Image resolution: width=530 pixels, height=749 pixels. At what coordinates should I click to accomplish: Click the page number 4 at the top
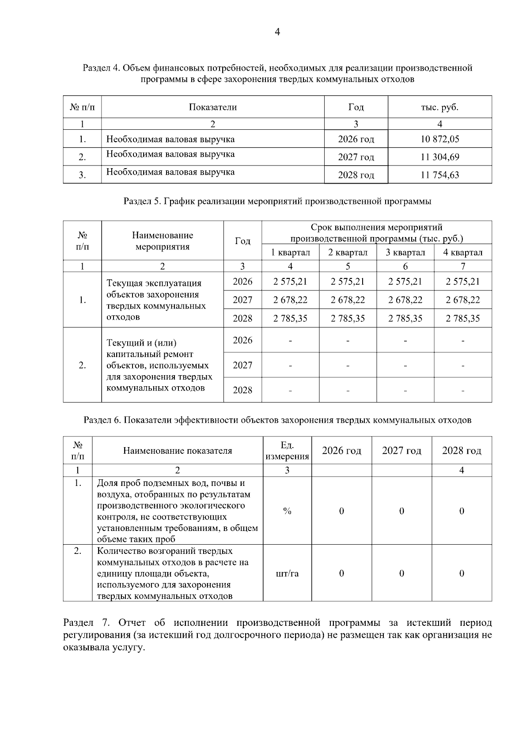click(x=277, y=32)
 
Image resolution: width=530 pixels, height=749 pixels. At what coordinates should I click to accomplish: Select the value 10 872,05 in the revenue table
click(x=439, y=139)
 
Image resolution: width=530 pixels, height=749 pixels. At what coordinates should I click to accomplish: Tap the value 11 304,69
click(x=439, y=157)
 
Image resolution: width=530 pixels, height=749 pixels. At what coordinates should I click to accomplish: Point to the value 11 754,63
click(x=439, y=175)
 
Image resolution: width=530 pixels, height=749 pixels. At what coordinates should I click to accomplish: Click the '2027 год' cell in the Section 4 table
click(x=356, y=157)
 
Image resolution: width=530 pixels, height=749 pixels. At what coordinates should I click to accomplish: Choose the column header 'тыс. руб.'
click(x=439, y=107)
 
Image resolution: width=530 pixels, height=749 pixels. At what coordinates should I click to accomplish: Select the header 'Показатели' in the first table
click(x=213, y=107)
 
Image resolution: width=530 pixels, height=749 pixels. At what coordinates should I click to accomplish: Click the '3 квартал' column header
click(x=405, y=252)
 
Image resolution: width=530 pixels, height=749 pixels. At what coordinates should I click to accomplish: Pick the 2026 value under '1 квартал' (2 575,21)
click(x=290, y=282)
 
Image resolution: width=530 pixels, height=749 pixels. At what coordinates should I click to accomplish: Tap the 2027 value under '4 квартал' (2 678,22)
click(x=462, y=300)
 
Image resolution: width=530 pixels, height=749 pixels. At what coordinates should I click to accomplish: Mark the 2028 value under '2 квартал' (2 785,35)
click(x=348, y=319)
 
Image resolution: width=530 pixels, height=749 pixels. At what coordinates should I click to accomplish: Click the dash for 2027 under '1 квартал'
click(x=290, y=365)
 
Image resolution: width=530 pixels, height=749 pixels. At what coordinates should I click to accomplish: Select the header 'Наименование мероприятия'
click(x=163, y=241)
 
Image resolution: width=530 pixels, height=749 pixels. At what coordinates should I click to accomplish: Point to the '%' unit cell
click(x=287, y=511)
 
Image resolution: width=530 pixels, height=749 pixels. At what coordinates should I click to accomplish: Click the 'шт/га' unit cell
click(x=287, y=574)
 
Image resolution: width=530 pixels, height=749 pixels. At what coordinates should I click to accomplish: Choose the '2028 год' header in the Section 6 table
click(x=462, y=451)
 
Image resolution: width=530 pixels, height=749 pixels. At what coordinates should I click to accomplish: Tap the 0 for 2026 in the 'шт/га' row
click(x=341, y=574)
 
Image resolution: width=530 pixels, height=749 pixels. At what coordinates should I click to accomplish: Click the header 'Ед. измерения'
click(x=287, y=451)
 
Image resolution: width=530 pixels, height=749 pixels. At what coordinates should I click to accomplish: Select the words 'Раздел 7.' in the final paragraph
click(x=86, y=623)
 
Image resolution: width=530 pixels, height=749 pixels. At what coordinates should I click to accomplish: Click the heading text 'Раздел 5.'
click(x=143, y=202)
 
